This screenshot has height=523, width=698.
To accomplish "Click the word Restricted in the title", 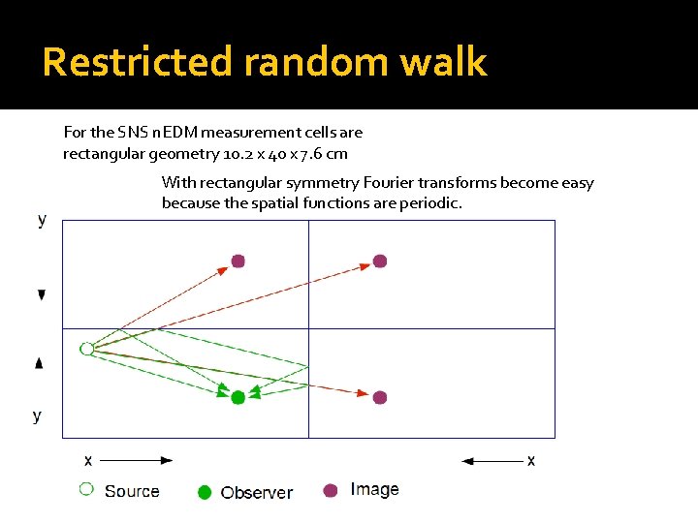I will [x=139, y=62].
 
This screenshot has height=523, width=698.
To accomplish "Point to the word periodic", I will [x=431, y=202].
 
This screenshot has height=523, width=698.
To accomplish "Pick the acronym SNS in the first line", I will [x=132, y=132].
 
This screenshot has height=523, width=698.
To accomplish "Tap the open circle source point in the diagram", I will [x=86, y=349].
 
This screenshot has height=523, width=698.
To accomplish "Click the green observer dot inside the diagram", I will [x=238, y=397].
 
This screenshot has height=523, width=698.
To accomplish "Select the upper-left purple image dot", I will [x=238, y=261].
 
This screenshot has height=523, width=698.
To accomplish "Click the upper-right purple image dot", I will [x=380, y=261].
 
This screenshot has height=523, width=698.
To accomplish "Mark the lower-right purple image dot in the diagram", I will [x=380, y=397].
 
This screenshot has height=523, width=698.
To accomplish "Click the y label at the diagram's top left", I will [x=41, y=220].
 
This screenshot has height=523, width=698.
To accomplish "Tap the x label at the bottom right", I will [x=530, y=460].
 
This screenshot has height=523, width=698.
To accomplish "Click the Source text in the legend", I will [x=132, y=491].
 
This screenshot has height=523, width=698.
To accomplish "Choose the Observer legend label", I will [x=256, y=492].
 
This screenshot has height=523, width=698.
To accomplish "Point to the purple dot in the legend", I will [x=330, y=490].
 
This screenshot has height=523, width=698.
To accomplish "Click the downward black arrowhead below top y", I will [x=41, y=294].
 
